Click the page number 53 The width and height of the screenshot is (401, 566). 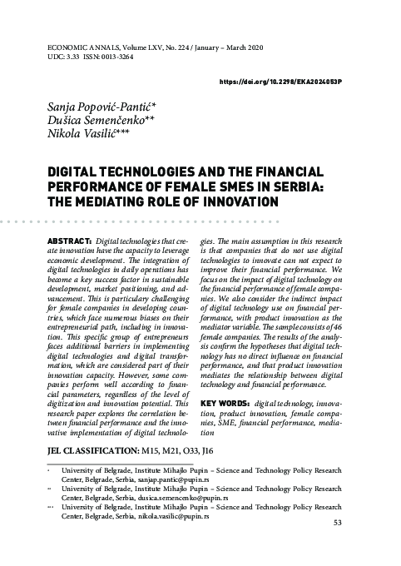tap(360, 546)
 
